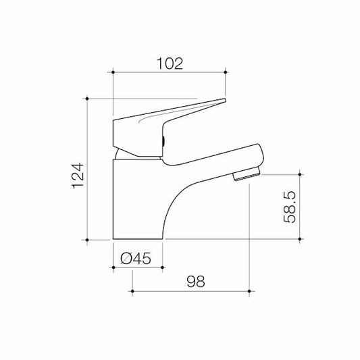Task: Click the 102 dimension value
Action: point(168,63)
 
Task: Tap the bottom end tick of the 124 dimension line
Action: point(88,239)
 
